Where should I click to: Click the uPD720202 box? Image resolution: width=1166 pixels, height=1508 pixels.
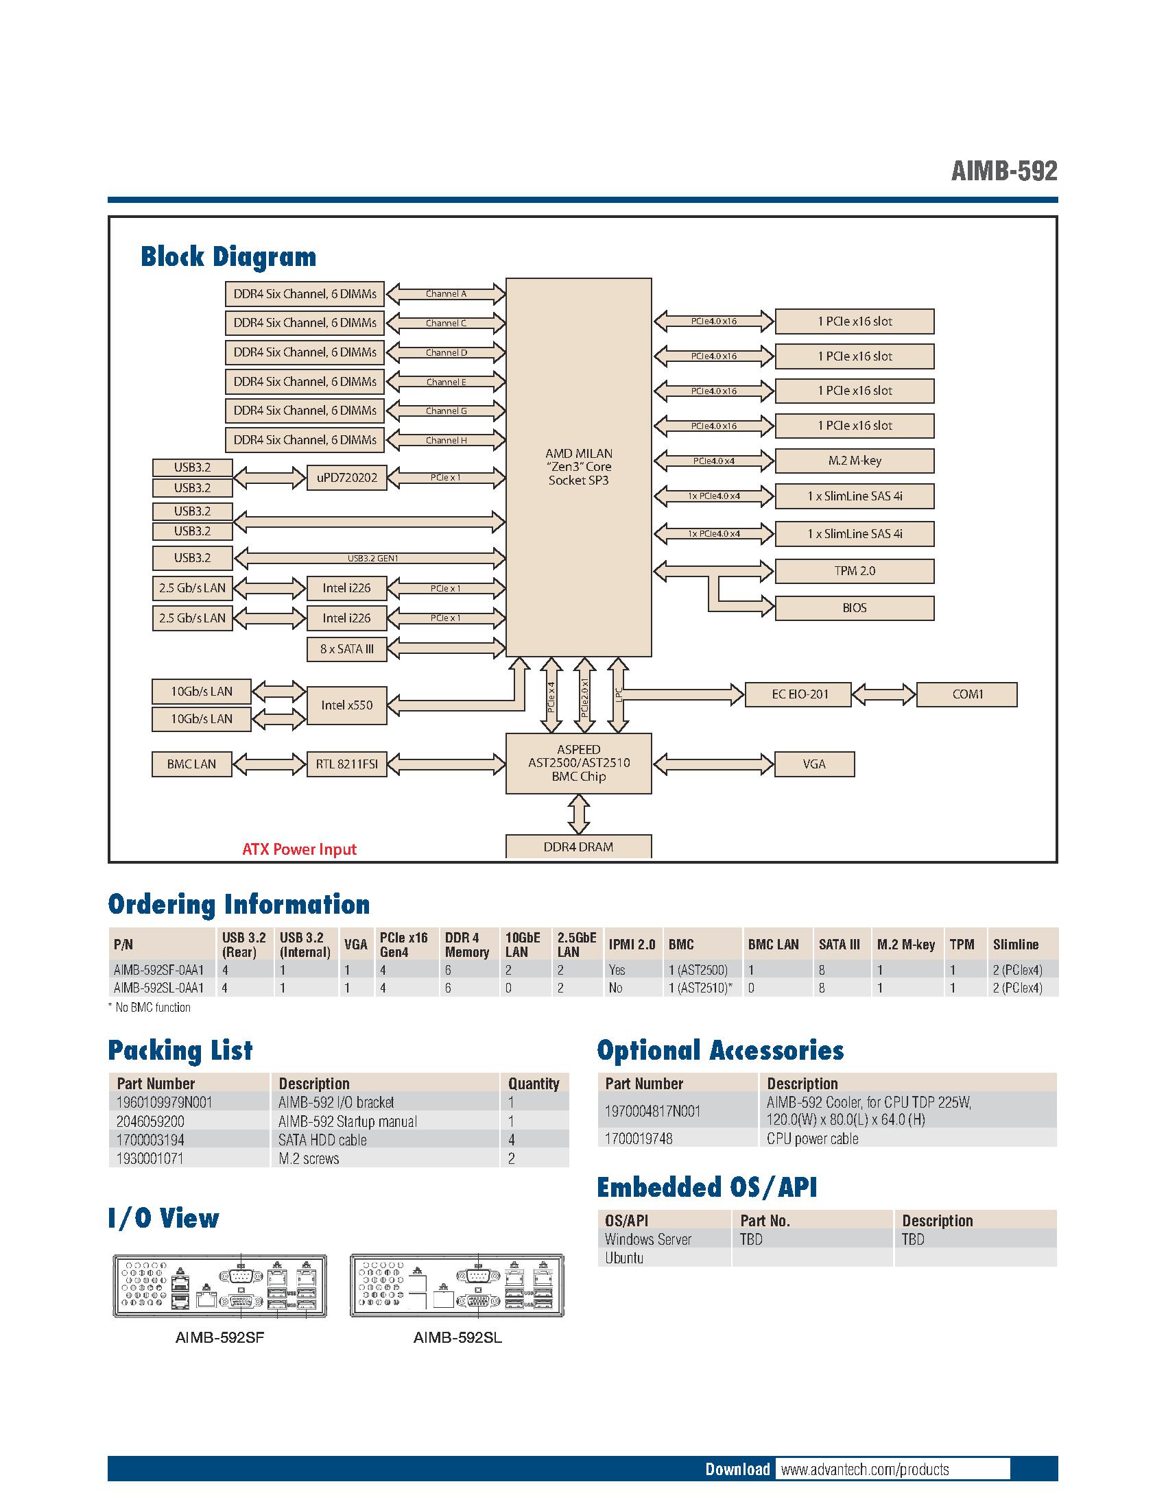pos(347,477)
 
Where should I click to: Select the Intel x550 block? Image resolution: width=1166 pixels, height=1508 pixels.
pos(347,705)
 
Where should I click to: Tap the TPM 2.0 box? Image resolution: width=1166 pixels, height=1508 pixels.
pos(855,571)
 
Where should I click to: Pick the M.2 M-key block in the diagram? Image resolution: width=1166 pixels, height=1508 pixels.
pos(855,461)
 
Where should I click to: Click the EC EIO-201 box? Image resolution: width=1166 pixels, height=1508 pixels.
pos(799,694)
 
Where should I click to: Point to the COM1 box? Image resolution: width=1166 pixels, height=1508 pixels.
pos(967,694)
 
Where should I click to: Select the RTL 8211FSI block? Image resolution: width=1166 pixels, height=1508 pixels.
pos(347,764)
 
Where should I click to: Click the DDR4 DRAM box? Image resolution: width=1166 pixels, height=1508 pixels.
pos(578,847)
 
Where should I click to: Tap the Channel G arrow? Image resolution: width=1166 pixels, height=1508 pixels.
pos(447,411)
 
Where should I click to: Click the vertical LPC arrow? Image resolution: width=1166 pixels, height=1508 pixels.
pos(618,694)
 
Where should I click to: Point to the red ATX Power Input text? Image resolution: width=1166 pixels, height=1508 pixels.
pos(299,849)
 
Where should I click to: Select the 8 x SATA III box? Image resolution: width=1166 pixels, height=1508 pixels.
pos(347,649)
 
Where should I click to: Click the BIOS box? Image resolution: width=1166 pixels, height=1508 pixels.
pos(855,608)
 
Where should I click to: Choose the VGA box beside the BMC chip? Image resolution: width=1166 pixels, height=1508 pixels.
pos(814,764)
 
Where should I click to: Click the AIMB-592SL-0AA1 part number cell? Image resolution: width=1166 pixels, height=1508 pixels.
pos(159,988)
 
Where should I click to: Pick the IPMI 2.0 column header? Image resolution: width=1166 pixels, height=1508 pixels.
pos(631,945)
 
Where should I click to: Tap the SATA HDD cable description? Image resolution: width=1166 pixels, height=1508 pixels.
pos(322,1140)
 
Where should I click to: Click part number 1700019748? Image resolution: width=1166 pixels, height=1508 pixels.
pos(639,1139)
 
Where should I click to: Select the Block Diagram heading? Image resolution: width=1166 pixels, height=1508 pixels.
pos(228,257)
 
